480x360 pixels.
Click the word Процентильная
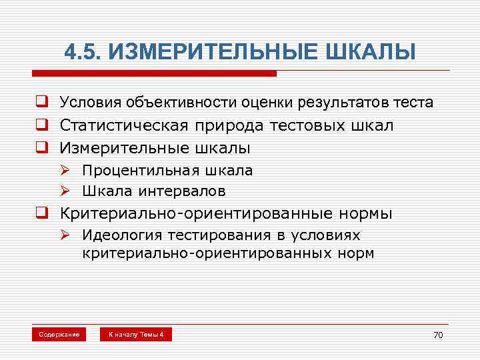tap(131, 170)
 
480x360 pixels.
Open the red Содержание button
tap(59, 334)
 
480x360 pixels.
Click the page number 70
tap(437, 335)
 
